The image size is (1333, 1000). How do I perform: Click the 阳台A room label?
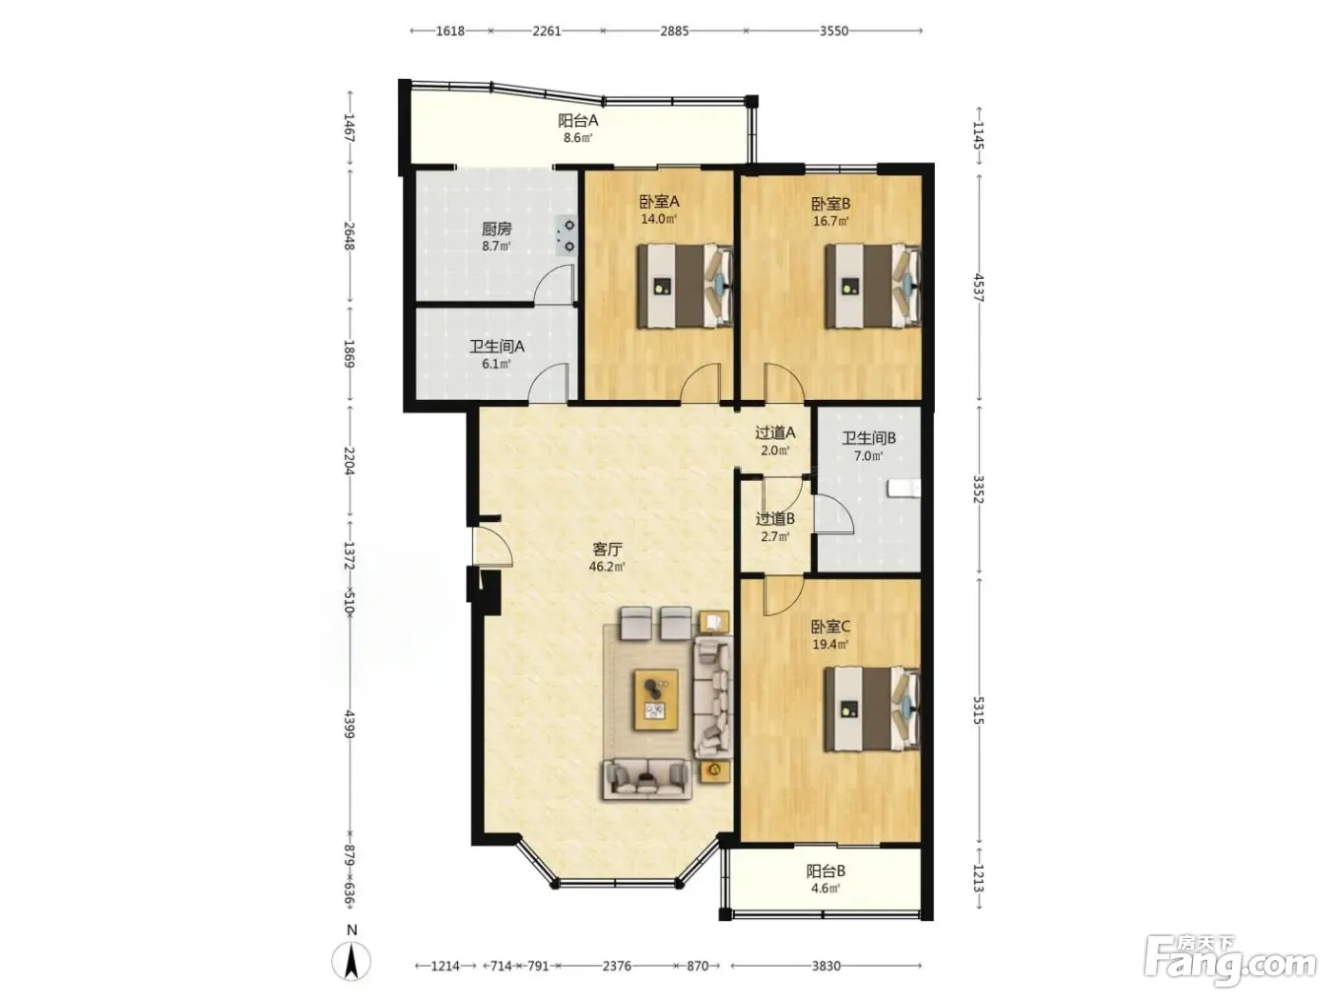point(578,120)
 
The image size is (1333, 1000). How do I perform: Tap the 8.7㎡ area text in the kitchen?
point(496,246)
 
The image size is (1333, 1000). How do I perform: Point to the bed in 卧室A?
point(685,286)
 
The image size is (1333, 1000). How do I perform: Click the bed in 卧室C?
point(871,709)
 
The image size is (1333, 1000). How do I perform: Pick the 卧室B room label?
point(831,204)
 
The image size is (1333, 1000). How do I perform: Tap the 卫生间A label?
point(497,347)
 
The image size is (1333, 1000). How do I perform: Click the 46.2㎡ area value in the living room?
point(607,567)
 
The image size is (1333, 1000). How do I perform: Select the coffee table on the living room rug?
point(655,699)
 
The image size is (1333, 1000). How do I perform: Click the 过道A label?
point(775,433)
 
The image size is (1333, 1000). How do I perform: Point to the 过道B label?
point(775,519)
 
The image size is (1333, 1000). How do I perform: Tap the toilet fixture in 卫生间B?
point(904,489)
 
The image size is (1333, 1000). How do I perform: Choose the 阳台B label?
point(826,871)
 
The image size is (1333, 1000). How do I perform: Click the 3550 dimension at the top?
point(834,31)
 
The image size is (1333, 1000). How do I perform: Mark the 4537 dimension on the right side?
point(979,288)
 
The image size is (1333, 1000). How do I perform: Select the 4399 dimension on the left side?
point(349,724)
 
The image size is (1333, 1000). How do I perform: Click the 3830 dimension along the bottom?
point(826,966)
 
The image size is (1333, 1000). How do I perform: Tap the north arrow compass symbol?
point(351,961)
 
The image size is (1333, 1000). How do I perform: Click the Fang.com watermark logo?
point(1230,962)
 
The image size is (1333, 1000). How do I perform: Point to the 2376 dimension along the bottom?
point(616,966)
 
